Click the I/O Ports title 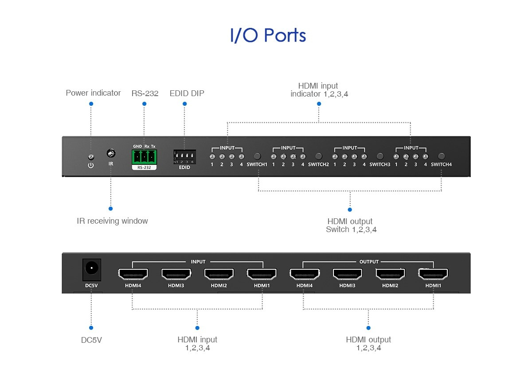[x=268, y=35]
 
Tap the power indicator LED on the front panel [x=91, y=157]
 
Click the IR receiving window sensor [x=111, y=154]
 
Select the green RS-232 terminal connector [x=144, y=156]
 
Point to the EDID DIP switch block [x=184, y=157]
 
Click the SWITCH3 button [x=379, y=156]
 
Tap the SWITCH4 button [x=441, y=156]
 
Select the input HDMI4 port [x=133, y=274]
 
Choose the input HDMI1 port [x=262, y=274]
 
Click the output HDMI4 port [x=305, y=274]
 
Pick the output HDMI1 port [x=433, y=274]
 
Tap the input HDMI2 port [x=219, y=274]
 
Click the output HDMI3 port [x=348, y=274]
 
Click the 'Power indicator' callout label [x=93, y=93]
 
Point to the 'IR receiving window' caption [x=112, y=221]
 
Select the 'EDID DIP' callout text [x=187, y=93]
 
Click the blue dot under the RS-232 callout [x=144, y=104]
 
